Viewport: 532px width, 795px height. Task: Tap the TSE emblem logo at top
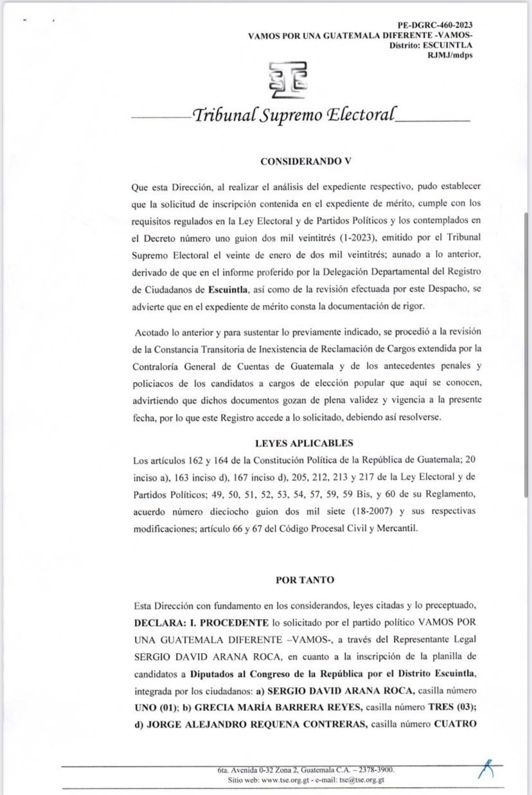[x=288, y=79]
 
